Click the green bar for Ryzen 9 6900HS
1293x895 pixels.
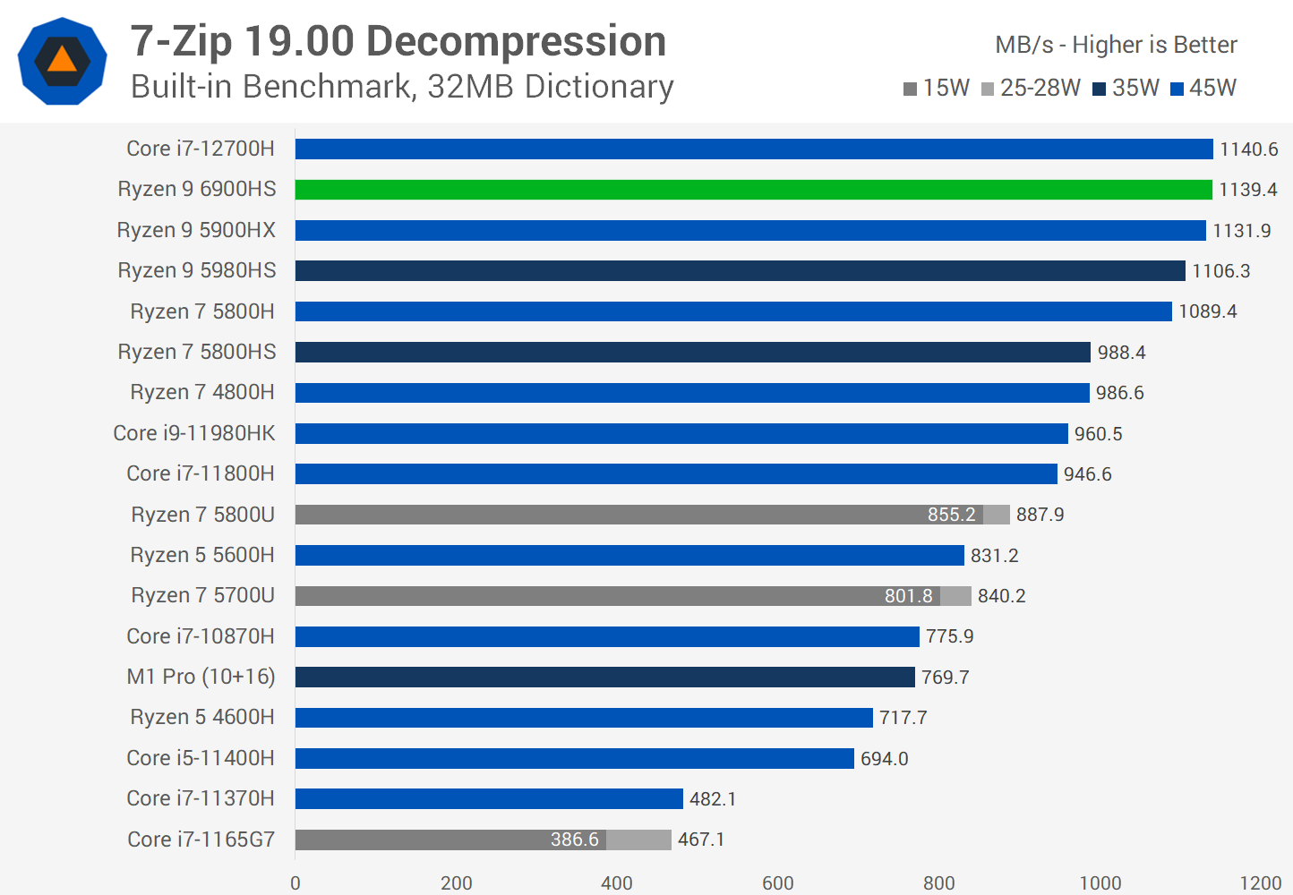753,190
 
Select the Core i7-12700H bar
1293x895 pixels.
753,149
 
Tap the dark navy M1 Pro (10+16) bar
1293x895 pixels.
604,677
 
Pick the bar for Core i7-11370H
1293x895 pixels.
489,798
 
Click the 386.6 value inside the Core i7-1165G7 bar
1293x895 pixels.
574,840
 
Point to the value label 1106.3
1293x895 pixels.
1220,271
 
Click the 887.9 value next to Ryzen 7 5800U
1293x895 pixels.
1040,515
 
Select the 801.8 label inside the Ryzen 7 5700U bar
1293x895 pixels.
908,596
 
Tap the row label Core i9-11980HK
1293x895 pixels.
194,433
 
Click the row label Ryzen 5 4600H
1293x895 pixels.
202,717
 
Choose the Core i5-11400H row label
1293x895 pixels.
201,758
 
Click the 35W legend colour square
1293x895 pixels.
1100,89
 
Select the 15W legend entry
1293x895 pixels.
938,88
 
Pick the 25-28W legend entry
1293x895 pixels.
1032,88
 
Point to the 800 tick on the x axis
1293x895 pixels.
938,882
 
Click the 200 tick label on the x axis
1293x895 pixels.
456,882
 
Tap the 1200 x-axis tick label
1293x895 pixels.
1260,882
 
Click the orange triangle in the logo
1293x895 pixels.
62,60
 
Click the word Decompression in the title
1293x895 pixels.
517,41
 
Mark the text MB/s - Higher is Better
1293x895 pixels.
1116,45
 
